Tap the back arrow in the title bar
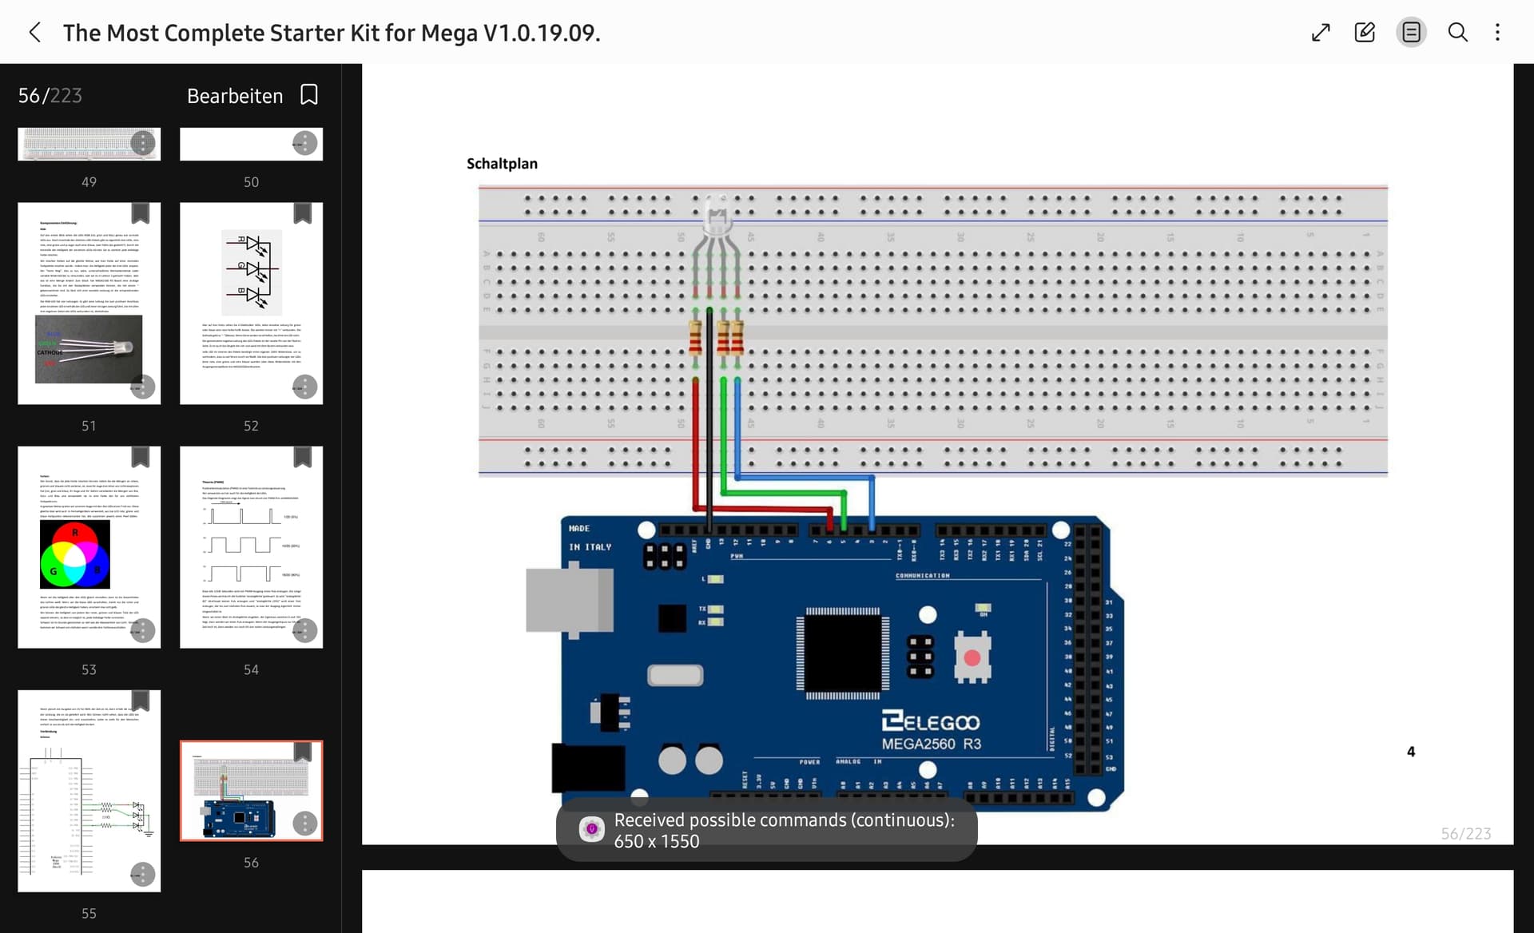(34, 33)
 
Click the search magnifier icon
(1457, 33)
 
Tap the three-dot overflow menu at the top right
(1497, 33)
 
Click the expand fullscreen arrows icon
(1321, 33)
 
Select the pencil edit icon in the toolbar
(1365, 33)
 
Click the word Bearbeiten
(235, 96)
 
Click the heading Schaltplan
(502, 164)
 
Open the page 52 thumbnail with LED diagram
(251, 304)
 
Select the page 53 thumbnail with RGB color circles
(89, 547)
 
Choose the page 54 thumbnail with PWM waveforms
(251, 547)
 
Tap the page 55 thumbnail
(89, 791)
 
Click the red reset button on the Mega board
(972, 658)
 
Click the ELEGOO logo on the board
(931, 721)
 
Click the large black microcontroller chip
(843, 653)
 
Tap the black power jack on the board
(588, 767)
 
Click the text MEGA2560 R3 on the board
(931, 744)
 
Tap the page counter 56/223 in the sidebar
(50, 96)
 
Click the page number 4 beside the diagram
(1411, 752)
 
